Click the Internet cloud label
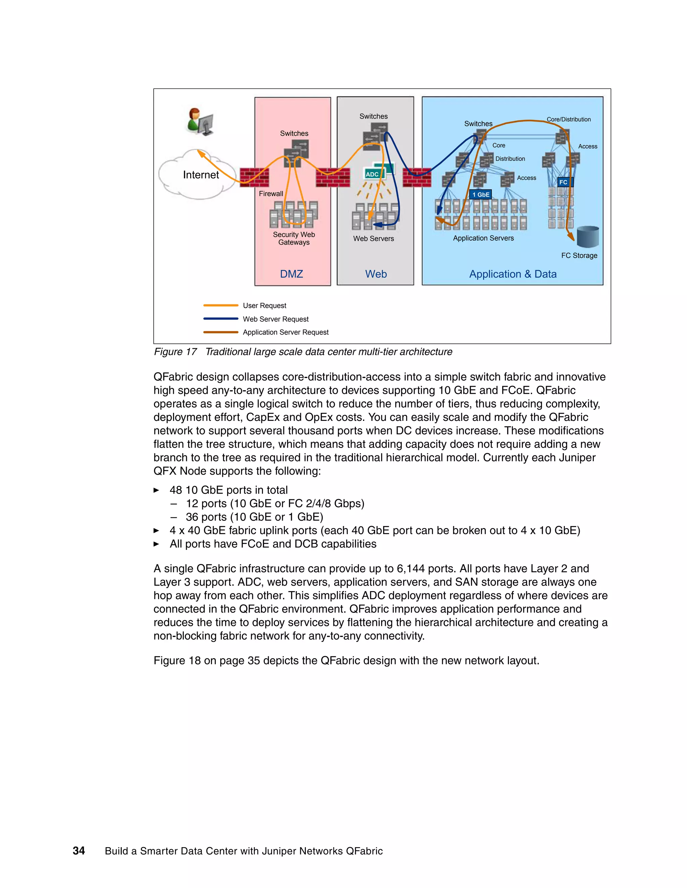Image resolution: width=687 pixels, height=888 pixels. coord(201,175)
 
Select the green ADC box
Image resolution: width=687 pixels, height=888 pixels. coord(372,174)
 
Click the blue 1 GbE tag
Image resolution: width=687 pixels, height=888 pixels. coord(481,195)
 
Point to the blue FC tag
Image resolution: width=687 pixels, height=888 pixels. coord(564,182)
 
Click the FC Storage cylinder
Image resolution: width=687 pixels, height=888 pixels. coord(588,237)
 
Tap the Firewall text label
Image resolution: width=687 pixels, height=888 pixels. coord(271,194)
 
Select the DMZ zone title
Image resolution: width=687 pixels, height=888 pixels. coord(292,274)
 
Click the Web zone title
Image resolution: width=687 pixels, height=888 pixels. coord(376,274)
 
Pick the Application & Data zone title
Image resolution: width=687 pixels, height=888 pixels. coord(513,274)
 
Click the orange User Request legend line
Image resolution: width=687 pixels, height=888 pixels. coord(221,305)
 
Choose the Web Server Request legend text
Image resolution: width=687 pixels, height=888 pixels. coord(275,319)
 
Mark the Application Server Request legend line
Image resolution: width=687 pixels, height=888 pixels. coord(221,332)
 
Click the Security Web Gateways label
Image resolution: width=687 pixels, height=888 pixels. coord(294,238)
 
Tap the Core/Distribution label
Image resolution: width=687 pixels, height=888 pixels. coord(568,120)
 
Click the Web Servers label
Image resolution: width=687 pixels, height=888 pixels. coord(373,239)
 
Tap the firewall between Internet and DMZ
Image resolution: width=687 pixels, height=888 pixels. coord(254,178)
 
